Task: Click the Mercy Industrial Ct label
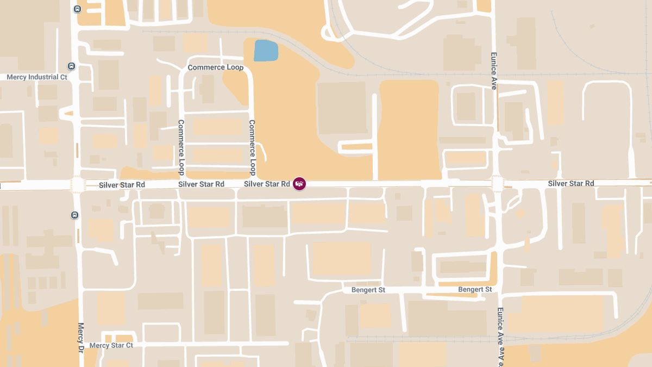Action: coord(37,77)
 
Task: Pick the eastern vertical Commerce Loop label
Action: coord(252,147)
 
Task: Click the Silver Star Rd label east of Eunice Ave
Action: coord(570,184)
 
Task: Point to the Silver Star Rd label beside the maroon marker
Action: coord(267,184)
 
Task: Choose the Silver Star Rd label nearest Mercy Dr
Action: coord(122,185)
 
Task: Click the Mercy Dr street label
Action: coord(81,337)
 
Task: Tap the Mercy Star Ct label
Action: coord(111,345)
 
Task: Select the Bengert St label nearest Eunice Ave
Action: coord(475,289)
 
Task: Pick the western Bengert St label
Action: coord(368,290)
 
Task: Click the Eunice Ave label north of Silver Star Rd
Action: coord(494,71)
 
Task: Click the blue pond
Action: coord(266,51)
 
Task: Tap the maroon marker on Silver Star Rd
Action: coord(299,184)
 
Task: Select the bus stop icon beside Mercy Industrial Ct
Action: coord(71,66)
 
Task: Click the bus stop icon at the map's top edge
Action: coord(77,9)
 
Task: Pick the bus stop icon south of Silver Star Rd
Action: coord(74,215)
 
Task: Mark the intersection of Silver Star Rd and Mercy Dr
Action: coord(78,185)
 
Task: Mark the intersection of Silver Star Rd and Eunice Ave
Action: coord(498,184)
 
